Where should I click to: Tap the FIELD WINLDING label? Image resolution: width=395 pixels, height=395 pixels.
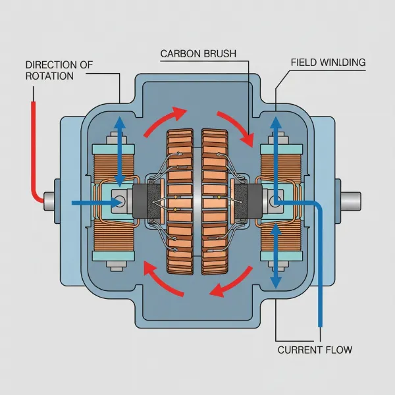pos(328,63)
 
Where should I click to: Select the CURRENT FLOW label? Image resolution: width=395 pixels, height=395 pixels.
pos(315,350)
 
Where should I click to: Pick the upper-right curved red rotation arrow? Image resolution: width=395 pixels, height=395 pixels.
pos(236,125)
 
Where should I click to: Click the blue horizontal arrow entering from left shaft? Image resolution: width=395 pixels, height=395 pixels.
pos(92,202)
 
